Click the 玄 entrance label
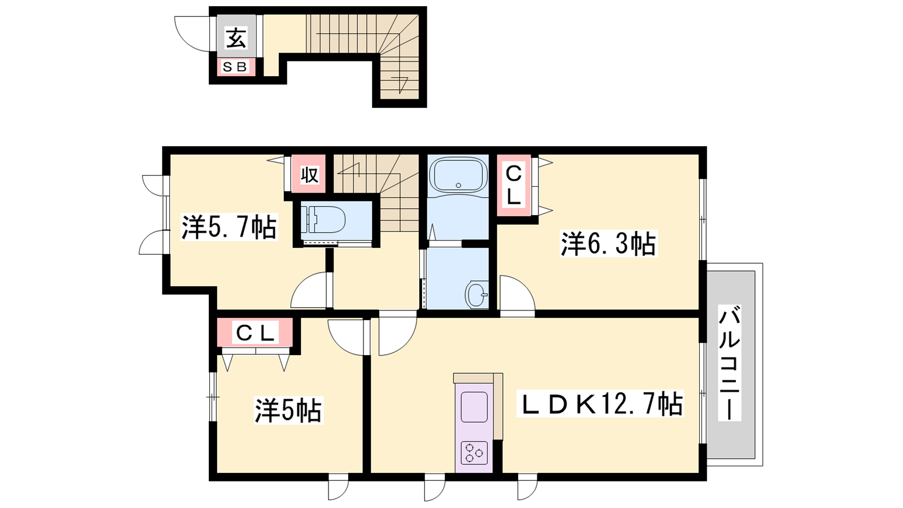pyautogui.click(x=236, y=39)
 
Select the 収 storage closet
pyautogui.click(x=309, y=174)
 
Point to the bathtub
pyautogui.click(x=458, y=176)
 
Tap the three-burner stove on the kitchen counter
pyautogui.click(x=474, y=453)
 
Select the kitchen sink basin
pyautogui.click(x=474, y=406)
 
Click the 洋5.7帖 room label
pyautogui.click(x=229, y=227)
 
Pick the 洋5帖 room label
pyautogui.click(x=288, y=410)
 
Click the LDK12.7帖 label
pyautogui.click(x=600, y=404)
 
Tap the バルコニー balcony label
pyautogui.click(x=730, y=363)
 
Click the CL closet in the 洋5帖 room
pyautogui.click(x=255, y=332)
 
